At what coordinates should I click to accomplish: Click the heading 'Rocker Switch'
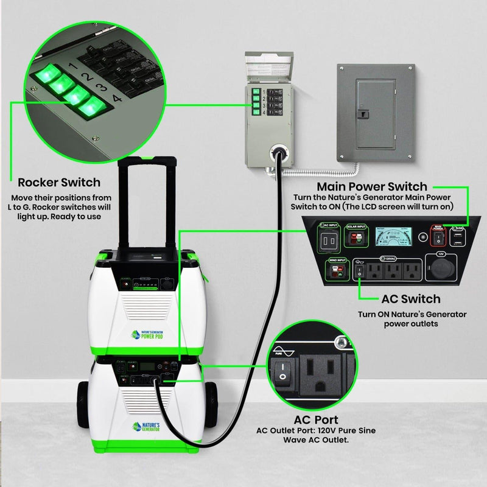[x=59, y=182]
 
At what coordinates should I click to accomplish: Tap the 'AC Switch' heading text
[x=410, y=299]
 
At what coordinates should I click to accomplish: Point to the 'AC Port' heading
[x=316, y=420]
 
